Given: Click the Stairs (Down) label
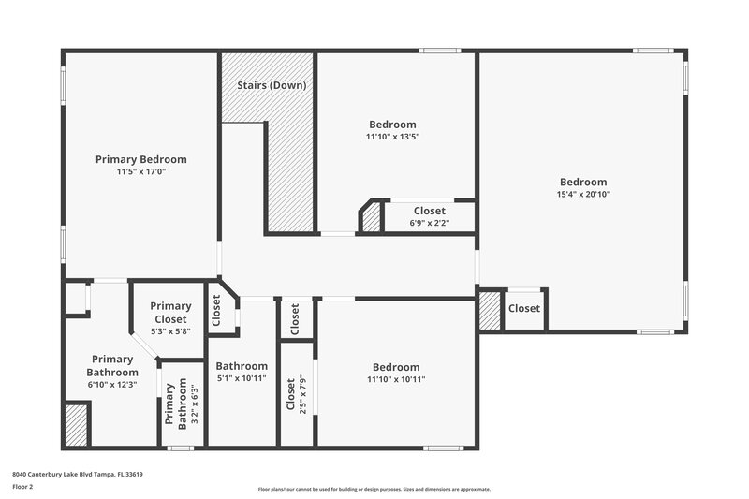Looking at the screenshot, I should pyautogui.click(x=272, y=85).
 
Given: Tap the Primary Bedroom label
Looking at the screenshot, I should pyautogui.click(x=141, y=159).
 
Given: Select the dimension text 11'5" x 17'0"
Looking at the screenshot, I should pyautogui.click(x=141, y=171).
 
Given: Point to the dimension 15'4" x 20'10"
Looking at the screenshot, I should pyautogui.click(x=583, y=194).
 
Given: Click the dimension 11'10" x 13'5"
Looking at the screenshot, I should pyautogui.click(x=392, y=136).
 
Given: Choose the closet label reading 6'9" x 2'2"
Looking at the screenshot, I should pyautogui.click(x=429, y=223).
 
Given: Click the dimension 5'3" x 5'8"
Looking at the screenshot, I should pyautogui.click(x=170, y=330).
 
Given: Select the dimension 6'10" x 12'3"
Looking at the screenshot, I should pyautogui.click(x=113, y=384).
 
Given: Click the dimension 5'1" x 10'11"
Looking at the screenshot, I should pyautogui.click(x=242, y=378).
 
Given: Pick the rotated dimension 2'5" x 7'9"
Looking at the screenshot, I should pyautogui.click(x=302, y=398).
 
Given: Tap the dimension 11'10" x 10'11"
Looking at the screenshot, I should pyautogui.click(x=396, y=379).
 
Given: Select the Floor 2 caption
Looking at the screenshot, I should pyautogui.click(x=23, y=487).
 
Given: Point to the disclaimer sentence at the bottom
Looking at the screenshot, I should pyautogui.click(x=374, y=489).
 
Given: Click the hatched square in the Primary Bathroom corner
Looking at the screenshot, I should pyautogui.click(x=77, y=424).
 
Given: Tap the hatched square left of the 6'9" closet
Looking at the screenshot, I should pyautogui.click(x=372, y=219).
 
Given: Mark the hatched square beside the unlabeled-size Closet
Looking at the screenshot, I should pyautogui.click(x=490, y=311).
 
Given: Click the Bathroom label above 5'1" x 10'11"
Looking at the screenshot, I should pyautogui.click(x=242, y=366).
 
